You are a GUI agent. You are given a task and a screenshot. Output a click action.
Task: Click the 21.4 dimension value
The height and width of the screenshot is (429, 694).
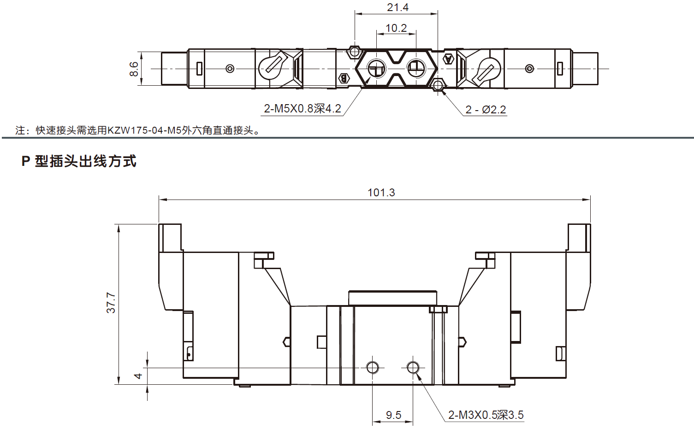[397, 7]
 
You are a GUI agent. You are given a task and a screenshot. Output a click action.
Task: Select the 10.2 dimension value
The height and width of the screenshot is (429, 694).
[396, 28]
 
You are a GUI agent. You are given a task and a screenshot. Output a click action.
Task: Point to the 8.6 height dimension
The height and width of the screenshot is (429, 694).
[134, 69]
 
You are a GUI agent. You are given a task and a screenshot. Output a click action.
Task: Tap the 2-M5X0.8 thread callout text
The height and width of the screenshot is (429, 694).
[302, 109]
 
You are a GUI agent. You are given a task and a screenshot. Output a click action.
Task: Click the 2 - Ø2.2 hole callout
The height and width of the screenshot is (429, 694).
[486, 110]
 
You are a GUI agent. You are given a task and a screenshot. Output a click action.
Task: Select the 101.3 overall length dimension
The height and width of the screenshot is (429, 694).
[381, 193]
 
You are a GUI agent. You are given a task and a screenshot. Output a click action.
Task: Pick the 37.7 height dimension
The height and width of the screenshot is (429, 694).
[111, 303]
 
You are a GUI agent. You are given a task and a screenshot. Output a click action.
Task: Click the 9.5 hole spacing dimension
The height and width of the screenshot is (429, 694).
[393, 415]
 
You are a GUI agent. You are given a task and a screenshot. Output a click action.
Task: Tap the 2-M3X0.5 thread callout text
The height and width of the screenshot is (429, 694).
[486, 415]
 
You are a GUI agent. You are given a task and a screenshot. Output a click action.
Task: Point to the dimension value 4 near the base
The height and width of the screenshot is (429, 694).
[138, 376]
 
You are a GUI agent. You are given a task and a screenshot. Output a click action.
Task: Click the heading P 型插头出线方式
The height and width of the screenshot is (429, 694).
[79, 161]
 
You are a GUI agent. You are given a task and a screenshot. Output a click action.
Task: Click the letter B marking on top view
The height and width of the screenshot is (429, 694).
[344, 78]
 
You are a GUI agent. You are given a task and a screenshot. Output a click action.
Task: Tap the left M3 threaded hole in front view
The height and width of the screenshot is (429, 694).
[373, 367]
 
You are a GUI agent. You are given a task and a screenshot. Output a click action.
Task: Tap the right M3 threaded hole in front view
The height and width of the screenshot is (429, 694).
[413, 367]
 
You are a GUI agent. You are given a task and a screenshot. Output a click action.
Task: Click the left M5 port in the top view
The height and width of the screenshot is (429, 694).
[375, 69]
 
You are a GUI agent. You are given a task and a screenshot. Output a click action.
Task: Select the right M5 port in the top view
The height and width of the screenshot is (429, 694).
[416, 69]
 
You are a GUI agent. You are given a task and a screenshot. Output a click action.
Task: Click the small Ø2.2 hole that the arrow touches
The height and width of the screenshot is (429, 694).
[438, 85]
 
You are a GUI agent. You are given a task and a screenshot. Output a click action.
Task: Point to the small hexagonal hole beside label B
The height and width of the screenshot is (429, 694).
[354, 51]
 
